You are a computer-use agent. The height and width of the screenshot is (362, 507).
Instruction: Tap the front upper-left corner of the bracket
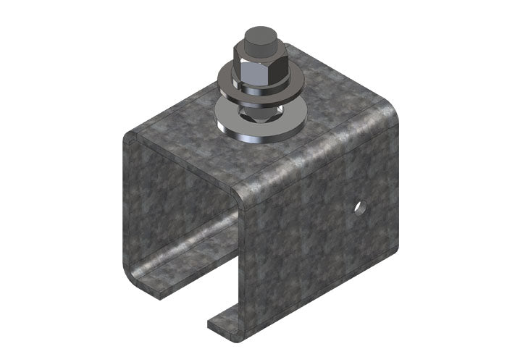(130, 138)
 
